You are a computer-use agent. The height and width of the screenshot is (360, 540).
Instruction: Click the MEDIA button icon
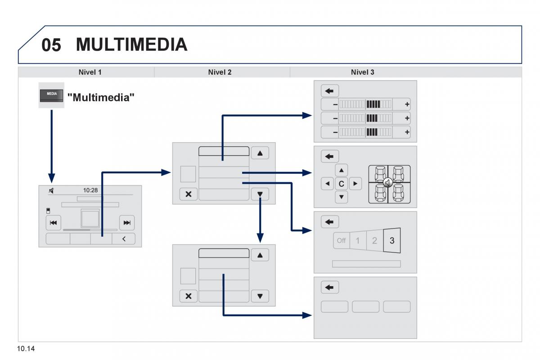click(51, 94)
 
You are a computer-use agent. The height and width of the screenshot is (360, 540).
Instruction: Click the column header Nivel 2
click(220, 72)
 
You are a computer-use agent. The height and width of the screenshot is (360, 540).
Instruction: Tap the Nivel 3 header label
click(362, 72)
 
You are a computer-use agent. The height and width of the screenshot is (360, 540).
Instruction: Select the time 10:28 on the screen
click(90, 190)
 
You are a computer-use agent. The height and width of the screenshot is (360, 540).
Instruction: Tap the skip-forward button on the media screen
click(127, 222)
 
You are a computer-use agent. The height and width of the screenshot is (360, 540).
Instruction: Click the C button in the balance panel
click(342, 184)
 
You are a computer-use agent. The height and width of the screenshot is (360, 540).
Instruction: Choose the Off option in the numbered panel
click(341, 240)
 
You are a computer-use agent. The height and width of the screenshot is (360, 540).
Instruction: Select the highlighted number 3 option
click(392, 240)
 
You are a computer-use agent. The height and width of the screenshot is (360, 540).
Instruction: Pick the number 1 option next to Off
click(358, 240)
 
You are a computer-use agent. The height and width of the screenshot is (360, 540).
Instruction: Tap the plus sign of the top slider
click(407, 104)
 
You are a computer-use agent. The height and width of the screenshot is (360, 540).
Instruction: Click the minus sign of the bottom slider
click(335, 132)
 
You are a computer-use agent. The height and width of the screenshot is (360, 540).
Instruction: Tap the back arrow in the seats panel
click(330, 156)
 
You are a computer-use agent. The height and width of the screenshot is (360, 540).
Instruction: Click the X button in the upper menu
click(188, 194)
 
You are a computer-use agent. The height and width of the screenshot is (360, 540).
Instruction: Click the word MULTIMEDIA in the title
click(131, 45)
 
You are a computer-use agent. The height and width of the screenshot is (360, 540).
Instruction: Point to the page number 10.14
click(27, 349)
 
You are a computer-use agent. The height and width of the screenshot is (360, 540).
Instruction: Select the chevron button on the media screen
click(125, 239)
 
